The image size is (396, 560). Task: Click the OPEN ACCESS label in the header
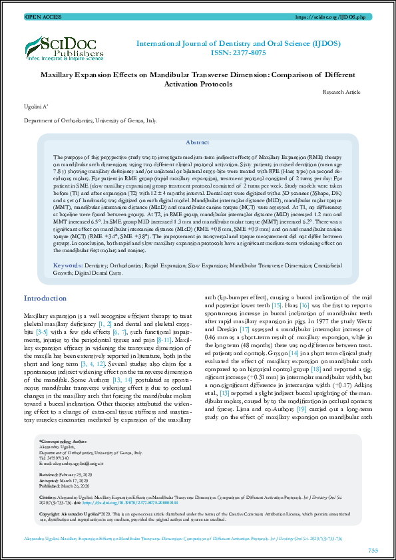coord(43,16)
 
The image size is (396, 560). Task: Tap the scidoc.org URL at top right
coord(342,16)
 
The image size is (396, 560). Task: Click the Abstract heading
coord(197,143)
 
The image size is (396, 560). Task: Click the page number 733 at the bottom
coord(373,550)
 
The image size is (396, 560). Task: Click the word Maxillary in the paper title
coord(62,75)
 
